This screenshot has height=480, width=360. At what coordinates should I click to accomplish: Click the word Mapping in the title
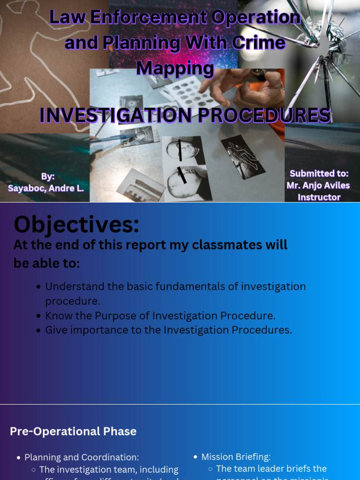click(175, 68)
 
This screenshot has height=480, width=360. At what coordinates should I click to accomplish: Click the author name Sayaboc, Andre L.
click(46, 188)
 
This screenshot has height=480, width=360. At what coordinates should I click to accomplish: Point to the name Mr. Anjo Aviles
click(318, 186)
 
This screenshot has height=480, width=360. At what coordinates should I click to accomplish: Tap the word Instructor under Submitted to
click(319, 197)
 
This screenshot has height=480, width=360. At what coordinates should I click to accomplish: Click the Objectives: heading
click(76, 224)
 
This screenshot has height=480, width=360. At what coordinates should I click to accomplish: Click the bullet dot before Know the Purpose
click(38, 316)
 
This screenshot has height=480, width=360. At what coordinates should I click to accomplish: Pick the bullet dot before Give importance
click(38, 330)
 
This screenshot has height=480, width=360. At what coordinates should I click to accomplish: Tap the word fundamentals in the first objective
click(190, 286)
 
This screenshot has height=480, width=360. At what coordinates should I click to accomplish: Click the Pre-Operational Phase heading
click(73, 431)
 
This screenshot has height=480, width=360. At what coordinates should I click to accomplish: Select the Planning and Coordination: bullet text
click(82, 457)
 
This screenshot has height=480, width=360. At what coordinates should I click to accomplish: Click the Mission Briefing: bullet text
click(236, 457)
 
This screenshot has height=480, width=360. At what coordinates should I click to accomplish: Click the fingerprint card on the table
click(190, 91)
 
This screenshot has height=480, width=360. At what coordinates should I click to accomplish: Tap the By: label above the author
click(48, 177)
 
